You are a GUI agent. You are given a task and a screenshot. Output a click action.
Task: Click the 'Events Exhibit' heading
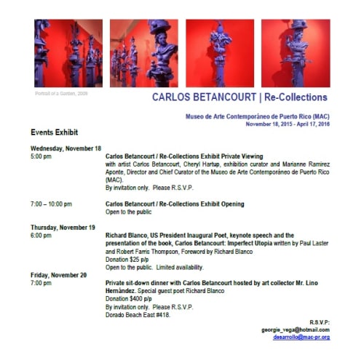[x=54, y=132]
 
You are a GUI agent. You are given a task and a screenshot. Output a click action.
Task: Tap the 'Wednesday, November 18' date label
[x=66, y=148]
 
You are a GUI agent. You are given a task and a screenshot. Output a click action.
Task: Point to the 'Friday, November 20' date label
[x=58, y=275]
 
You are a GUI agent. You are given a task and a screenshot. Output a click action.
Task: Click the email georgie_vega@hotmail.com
[x=296, y=329]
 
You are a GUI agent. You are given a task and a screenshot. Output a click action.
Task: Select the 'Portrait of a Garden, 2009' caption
[x=61, y=94]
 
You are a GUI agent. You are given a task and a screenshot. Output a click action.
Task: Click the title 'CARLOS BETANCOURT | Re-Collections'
[x=240, y=97]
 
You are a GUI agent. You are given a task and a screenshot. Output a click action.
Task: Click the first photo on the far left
[x=68, y=53]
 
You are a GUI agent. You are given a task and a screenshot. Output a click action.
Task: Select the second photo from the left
[x=143, y=53]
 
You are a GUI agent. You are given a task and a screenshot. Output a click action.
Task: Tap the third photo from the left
[x=219, y=53]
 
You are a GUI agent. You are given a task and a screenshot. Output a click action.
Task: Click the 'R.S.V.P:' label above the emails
[x=318, y=321]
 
